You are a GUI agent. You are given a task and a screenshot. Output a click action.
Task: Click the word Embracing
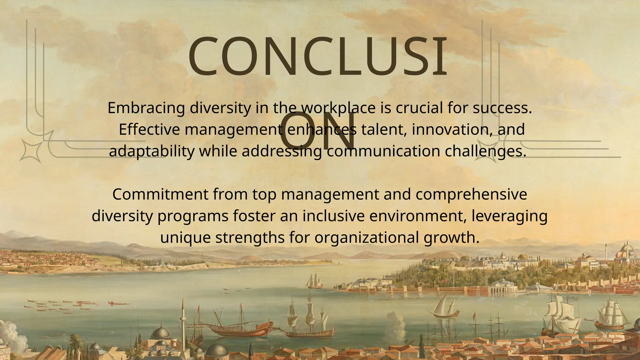(x=146, y=108)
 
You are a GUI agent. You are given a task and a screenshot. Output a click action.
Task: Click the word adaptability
(x=152, y=152)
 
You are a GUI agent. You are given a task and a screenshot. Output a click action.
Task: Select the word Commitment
(x=160, y=195)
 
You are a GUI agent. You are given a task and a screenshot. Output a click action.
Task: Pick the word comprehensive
(x=471, y=195)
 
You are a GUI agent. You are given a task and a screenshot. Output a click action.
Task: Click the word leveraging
(x=509, y=216)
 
